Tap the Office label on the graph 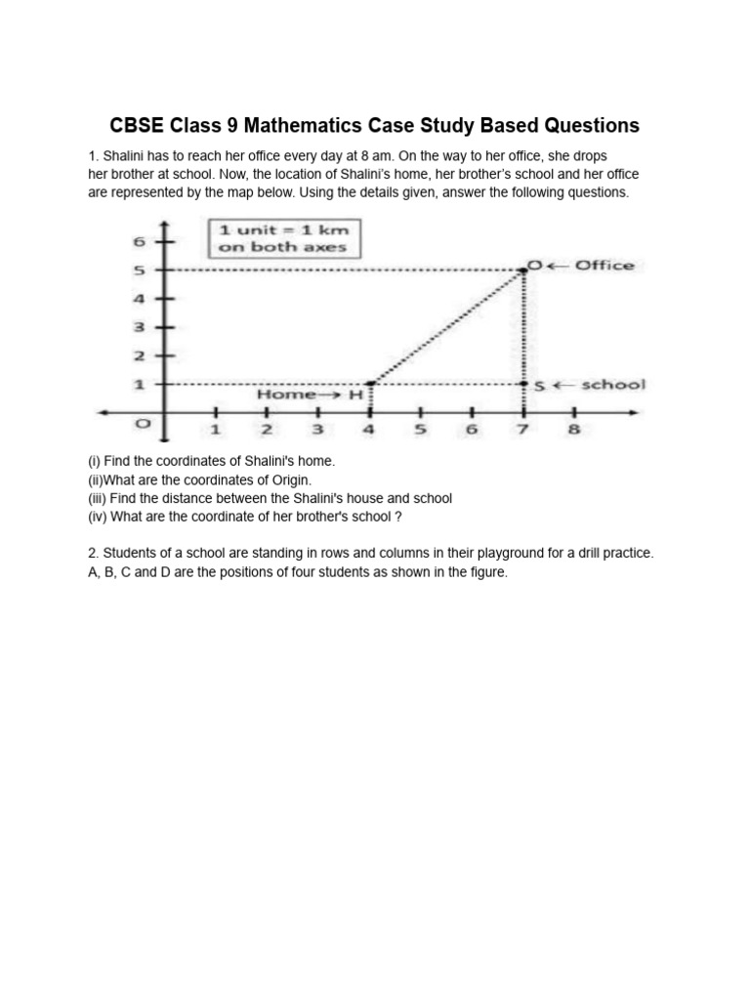(x=604, y=266)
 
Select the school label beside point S (x=612, y=385)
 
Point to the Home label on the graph (x=286, y=396)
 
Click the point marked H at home (x=369, y=384)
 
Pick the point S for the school (x=525, y=385)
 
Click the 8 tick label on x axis (x=574, y=429)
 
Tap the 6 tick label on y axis (x=139, y=240)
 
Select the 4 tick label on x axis (x=369, y=429)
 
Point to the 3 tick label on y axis (x=139, y=327)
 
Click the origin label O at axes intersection (x=143, y=425)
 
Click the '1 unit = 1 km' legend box (x=283, y=238)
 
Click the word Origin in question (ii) (x=290, y=479)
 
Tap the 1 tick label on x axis (x=215, y=429)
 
